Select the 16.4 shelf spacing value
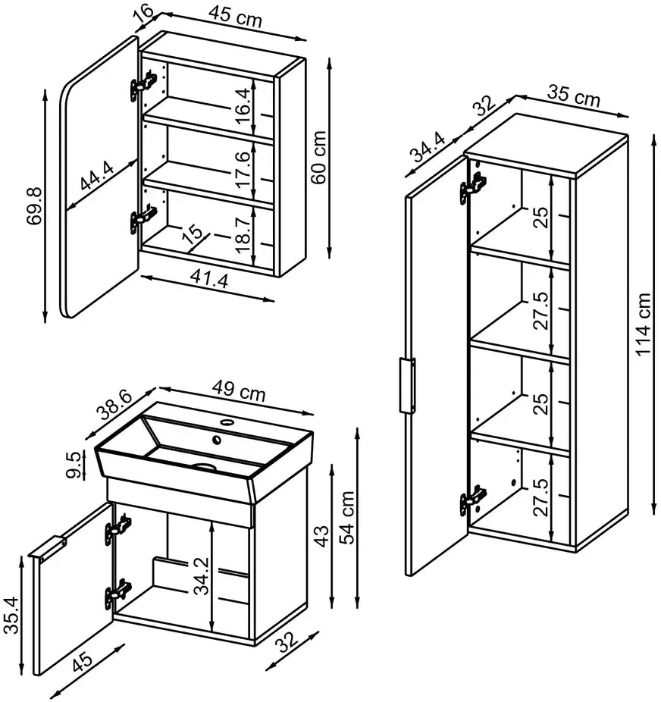241,107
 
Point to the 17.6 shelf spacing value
241,169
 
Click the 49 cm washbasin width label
239,390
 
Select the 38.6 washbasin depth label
115,405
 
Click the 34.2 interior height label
202,575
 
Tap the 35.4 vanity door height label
11,615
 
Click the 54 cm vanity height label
346,518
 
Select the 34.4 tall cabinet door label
429,148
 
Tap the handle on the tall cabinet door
407,385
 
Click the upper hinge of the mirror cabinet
144,84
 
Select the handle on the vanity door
48,547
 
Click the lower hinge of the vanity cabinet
118,594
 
